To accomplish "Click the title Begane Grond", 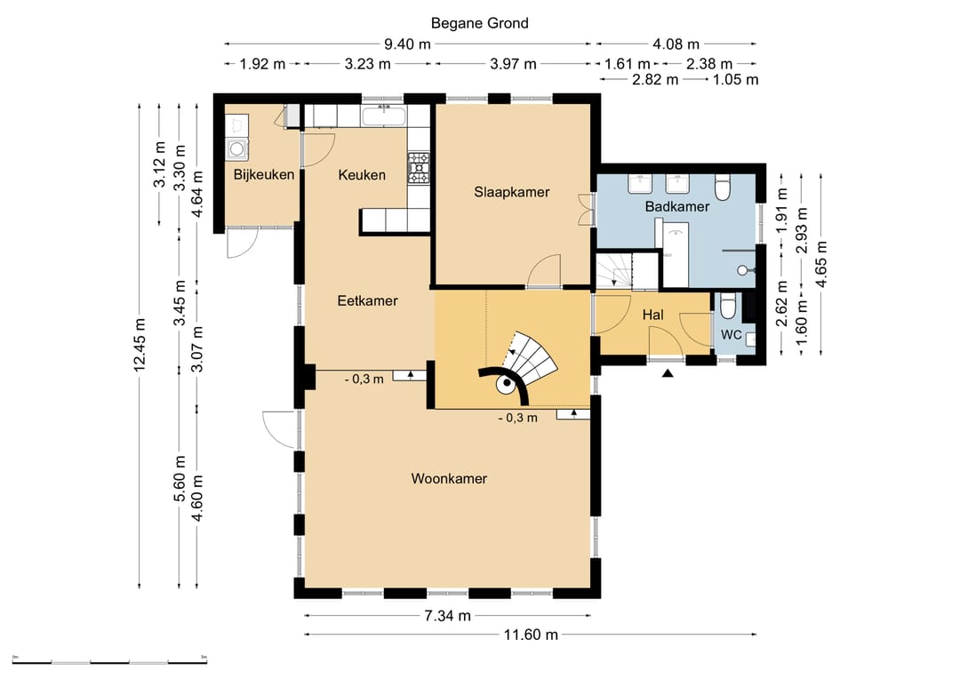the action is pyautogui.click(x=479, y=23).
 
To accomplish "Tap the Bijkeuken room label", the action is pyautogui.click(x=264, y=174).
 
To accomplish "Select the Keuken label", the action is pyautogui.click(x=362, y=175).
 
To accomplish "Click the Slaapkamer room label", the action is pyautogui.click(x=512, y=192).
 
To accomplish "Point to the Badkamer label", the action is pyautogui.click(x=677, y=206).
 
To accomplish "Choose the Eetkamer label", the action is pyautogui.click(x=367, y=300).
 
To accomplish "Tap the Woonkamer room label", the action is pyautogui.click(x=449, y=479).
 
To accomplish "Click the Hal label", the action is pyautogui.click(x=652, y=316).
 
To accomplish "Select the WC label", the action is pyautogui.click(x=731, y=335).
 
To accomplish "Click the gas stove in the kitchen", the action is pyautogui.click(x=419, y=168).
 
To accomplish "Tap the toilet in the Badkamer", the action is pyautogui.click(x=723, y=188).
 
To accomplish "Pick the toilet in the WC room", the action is pyautogui.click(x=727, y=306).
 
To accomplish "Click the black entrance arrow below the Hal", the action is pyautogui.click(x=668, y=373).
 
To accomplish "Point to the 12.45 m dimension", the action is pyautogui.click(x=140, y=346).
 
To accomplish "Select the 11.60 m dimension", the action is pyautogui.click(x=531, y=635).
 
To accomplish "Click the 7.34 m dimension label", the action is pyautogui.click(x=447, y=616).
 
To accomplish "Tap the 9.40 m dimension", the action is pyautogui.click(x=407, y=44).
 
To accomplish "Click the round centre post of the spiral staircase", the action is pyautogui.click(x=507, y=385).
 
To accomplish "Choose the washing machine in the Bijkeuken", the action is pyautogui.click(x=236, y=149).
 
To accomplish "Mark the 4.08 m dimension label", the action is pyautogui.click(x=676, y=44).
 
